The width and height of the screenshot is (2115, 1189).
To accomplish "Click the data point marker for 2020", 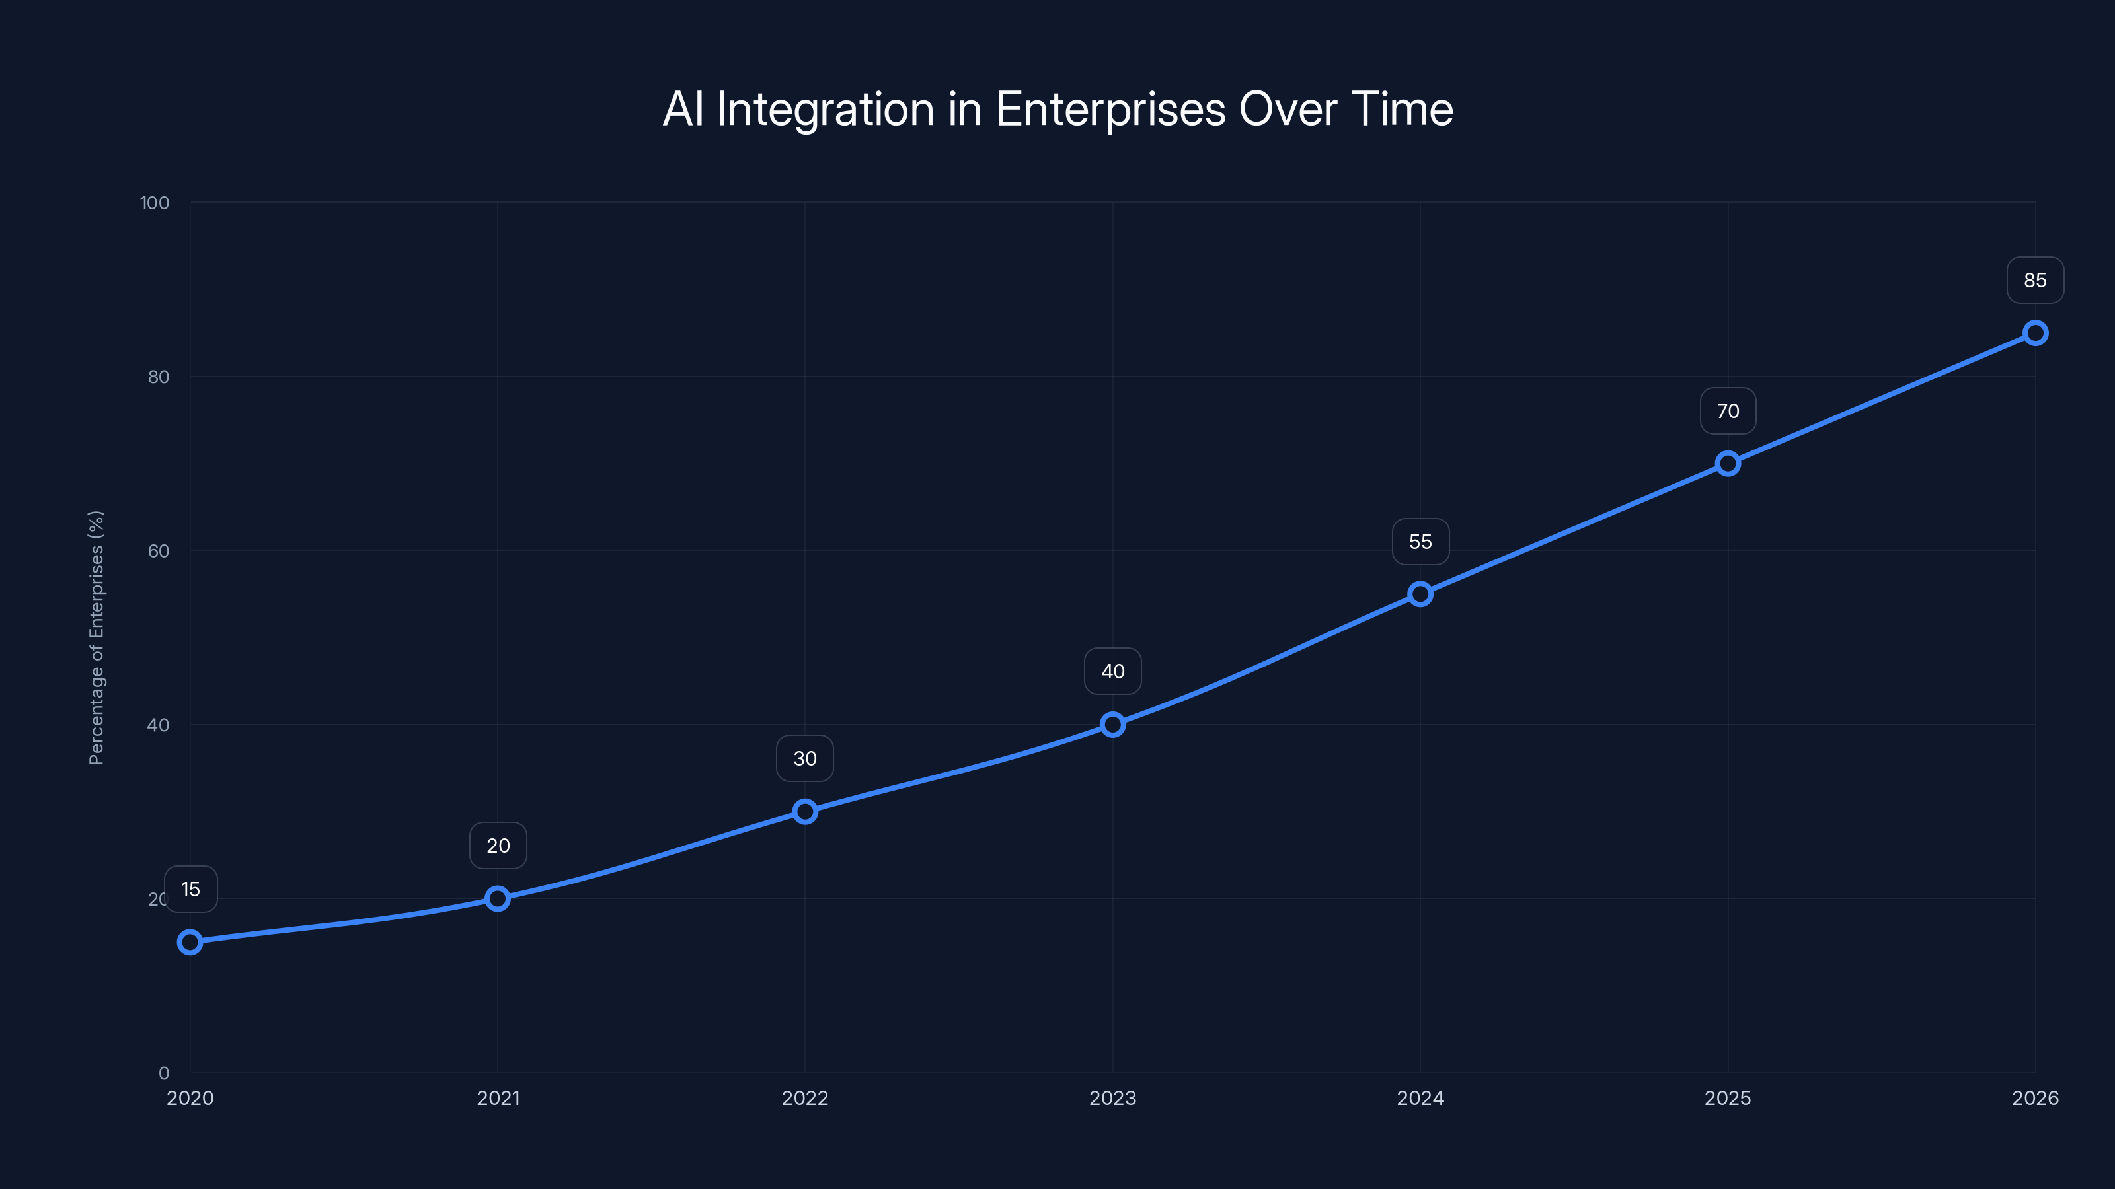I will click(x=190, y=941).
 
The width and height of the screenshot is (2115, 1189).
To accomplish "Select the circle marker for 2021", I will click(x=498, y=898).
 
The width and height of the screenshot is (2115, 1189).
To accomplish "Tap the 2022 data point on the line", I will click(x=804, y=812).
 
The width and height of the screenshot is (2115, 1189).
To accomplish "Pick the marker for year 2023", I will click(x=1112, y=725).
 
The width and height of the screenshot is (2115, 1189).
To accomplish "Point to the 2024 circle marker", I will click(x=1420, y=594).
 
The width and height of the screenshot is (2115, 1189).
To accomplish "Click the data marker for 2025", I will click(x=1728, y=464).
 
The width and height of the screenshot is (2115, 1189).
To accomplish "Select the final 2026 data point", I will click(x=2036, y=333).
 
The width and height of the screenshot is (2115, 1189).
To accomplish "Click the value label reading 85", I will click(x=2036, y=281).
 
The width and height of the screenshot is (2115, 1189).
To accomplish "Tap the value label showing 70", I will click(x=1728, y=411).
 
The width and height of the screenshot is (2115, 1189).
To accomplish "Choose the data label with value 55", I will click(x=1420, y=542).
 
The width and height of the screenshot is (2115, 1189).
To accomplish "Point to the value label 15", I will click(x=190, y=890).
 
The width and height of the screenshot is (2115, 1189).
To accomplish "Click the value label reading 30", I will click(x=804, y=758).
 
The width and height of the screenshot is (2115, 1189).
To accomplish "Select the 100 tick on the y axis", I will click(x=155, y=203).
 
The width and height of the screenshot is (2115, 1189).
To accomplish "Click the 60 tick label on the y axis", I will click(x=159, y=551).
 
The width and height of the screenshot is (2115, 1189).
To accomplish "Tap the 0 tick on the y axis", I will click(x=164, y=1073).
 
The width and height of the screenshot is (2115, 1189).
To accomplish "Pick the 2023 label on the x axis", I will click(x=1112, y=1098).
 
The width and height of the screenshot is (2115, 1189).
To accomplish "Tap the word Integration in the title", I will click(x=825, y=109).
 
